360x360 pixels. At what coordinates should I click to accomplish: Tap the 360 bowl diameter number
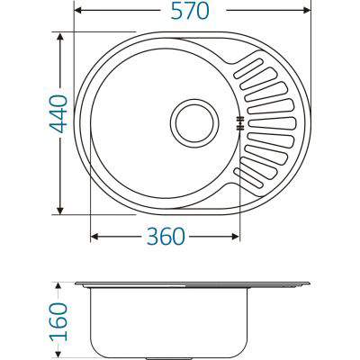click(x=165, y=237)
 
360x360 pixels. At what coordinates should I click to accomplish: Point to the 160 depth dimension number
click(x=57, y=318)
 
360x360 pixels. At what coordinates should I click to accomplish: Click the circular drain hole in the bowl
click(x=193, y=124)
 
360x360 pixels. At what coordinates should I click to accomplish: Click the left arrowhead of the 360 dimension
click(x=94, y=238)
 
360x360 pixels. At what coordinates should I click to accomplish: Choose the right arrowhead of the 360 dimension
click(x=238, y=238)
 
